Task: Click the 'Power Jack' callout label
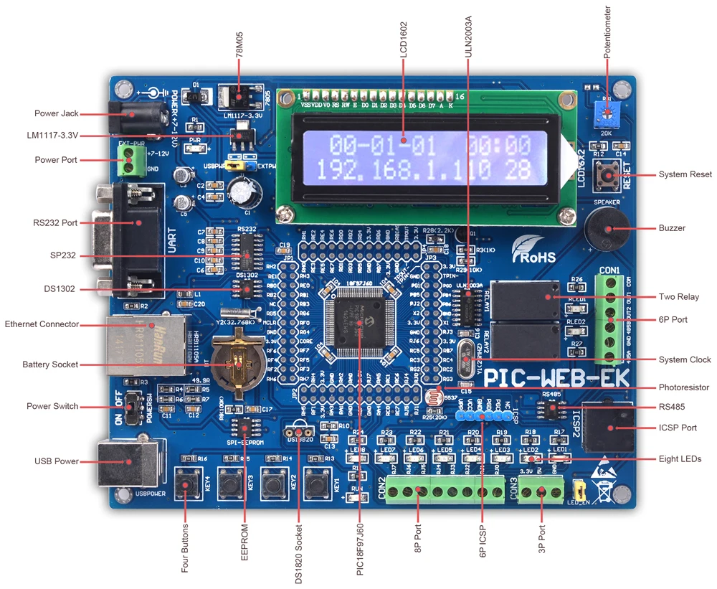57,113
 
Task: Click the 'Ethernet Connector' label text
42,324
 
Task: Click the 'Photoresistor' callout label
683,387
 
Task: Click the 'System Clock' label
685,359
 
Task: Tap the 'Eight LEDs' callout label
680,458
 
